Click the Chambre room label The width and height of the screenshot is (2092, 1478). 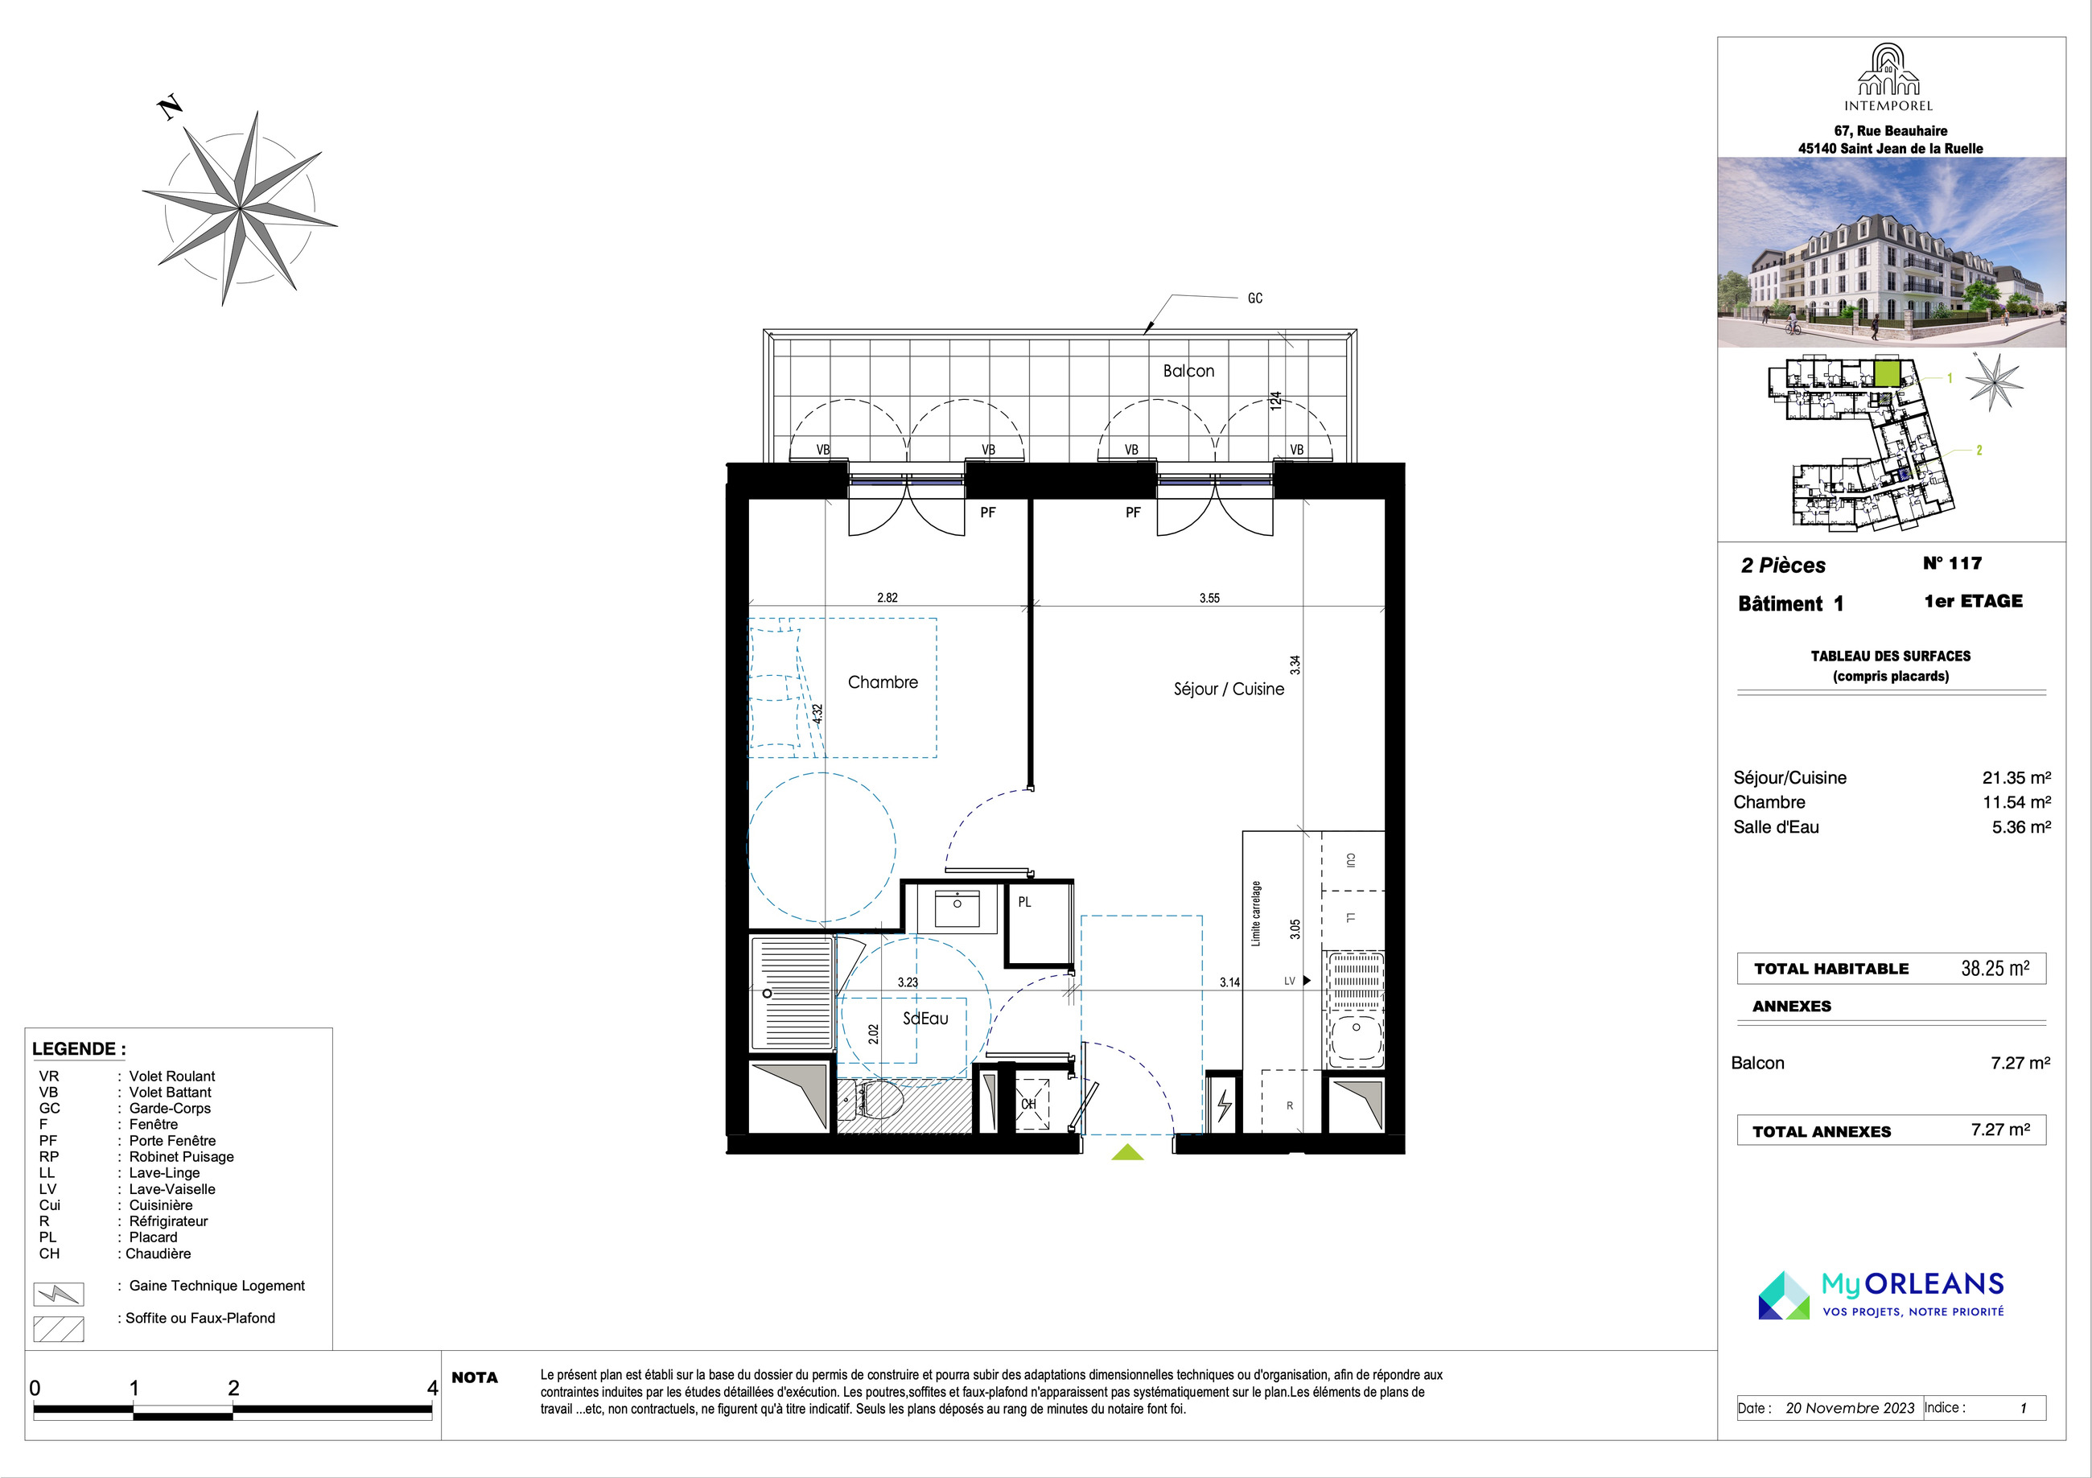click(x=883, y=682)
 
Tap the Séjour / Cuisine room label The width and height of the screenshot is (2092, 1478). click(x=1229, y=690)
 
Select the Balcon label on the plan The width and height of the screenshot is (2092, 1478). click(x=1188, y=371)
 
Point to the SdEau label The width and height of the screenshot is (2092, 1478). click(x=926, y=1019)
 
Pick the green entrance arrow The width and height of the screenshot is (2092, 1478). click(x=1127, y=1152)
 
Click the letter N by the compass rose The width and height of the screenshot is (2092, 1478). click(x=171, y=109)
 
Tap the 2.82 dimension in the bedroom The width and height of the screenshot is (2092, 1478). click(x=887, y=598)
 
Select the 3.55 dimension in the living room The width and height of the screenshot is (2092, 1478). click(x=1209, y=599)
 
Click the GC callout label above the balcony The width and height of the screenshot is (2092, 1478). click(x=1254, y=298)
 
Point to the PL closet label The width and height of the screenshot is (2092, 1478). click(x=1025, y=902)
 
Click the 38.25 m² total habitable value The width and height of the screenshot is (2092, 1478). click(x=1995, y=969)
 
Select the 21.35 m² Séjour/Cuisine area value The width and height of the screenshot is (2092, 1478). click(x=2016, y=778)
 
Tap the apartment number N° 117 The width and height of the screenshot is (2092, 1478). click(x=1953, y=563)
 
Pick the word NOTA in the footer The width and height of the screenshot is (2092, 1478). click(x=475, y=1377)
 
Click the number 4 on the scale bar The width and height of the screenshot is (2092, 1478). click(x=433, y=1388)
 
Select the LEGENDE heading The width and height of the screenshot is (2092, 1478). click(x=80, y=1049)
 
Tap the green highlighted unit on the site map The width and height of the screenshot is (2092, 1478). click(x=1887, y=373)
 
